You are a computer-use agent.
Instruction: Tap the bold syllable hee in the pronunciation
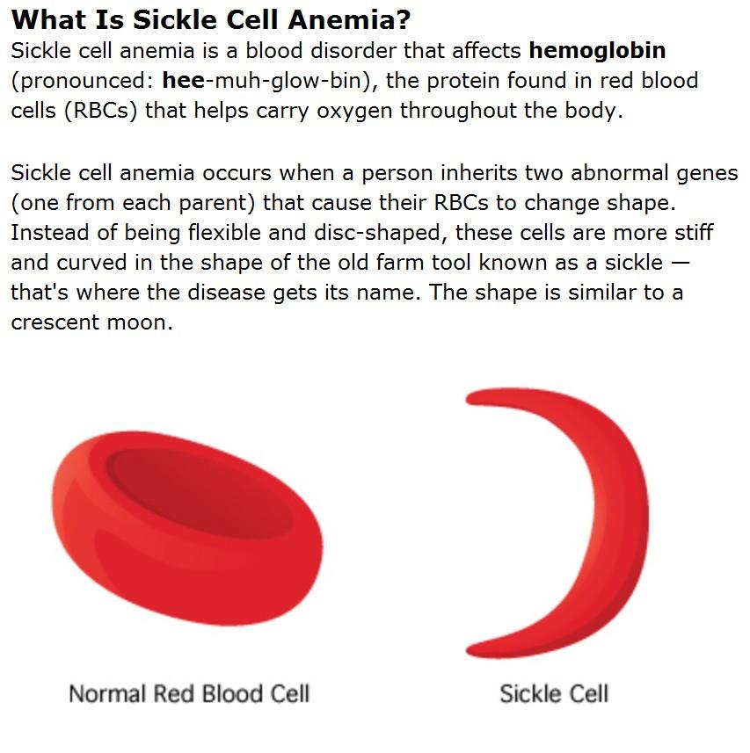tap(183, 81)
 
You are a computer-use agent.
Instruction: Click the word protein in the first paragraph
tap(458, 81)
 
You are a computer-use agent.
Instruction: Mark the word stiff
tap(690, 234)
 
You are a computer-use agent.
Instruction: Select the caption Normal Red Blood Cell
tap(189, 693)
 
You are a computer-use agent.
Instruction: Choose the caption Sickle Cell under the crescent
tap(553, 693)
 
